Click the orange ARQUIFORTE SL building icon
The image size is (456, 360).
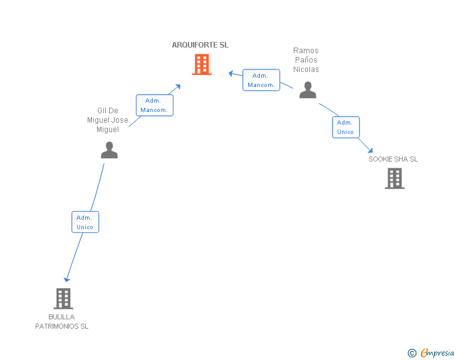pos(201,64)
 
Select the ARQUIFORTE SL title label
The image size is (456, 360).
pos(200,45)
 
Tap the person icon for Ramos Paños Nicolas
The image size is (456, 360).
pos(308,90)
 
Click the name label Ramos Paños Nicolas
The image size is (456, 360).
pos(306,60)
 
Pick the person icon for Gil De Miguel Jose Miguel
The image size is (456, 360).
pos(109,150)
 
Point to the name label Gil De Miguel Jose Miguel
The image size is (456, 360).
pos(108,120)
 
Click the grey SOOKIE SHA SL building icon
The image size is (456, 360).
pos(394,178)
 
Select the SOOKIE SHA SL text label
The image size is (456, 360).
pos(393,159)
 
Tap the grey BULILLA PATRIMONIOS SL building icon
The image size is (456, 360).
pos(63,299)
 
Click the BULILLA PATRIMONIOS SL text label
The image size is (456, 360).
pos(62,321)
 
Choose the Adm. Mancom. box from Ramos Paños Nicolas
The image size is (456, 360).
pos(261,80)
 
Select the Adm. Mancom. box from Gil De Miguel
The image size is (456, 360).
pos(154,105)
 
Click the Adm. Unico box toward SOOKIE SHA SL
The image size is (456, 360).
pos(346,127)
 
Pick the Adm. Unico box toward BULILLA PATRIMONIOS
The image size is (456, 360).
pos(85,222)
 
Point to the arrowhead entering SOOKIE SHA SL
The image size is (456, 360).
pos(371,150)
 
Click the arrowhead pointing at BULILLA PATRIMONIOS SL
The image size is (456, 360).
pos(67,279)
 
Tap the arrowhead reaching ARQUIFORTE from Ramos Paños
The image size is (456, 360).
pos(231,73)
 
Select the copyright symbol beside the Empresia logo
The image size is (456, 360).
pos(412,354)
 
